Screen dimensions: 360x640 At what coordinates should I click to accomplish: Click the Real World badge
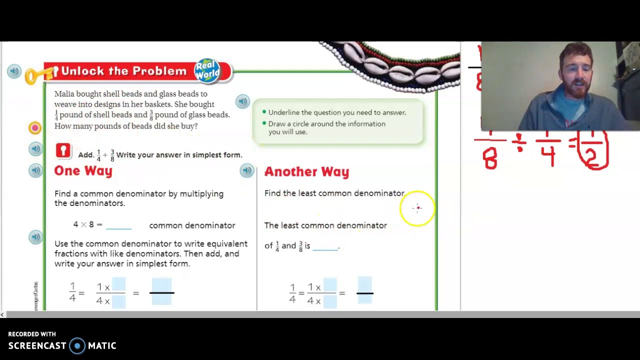tap(207, 70)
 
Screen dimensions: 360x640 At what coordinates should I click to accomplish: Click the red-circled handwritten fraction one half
tap(593, 150)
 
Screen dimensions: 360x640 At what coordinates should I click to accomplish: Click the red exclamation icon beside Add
tap(63, 150)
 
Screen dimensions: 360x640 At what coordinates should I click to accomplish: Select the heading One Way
tap(83, 171)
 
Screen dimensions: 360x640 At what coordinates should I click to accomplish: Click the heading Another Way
tap(306, 172)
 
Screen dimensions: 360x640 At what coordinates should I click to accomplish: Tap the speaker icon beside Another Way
tap(246, 171)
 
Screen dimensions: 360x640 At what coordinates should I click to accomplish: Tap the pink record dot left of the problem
tap(35, 128)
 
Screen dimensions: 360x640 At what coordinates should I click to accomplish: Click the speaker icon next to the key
tap(14, 71)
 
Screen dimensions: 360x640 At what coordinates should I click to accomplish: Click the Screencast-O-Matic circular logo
tap(77, 346)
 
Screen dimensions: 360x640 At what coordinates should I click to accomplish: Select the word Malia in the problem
tap(64, 94)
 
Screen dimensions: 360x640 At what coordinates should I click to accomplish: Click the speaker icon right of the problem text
tap(242, 101)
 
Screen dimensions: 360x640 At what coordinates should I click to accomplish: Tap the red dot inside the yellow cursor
tap(418, 208)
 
